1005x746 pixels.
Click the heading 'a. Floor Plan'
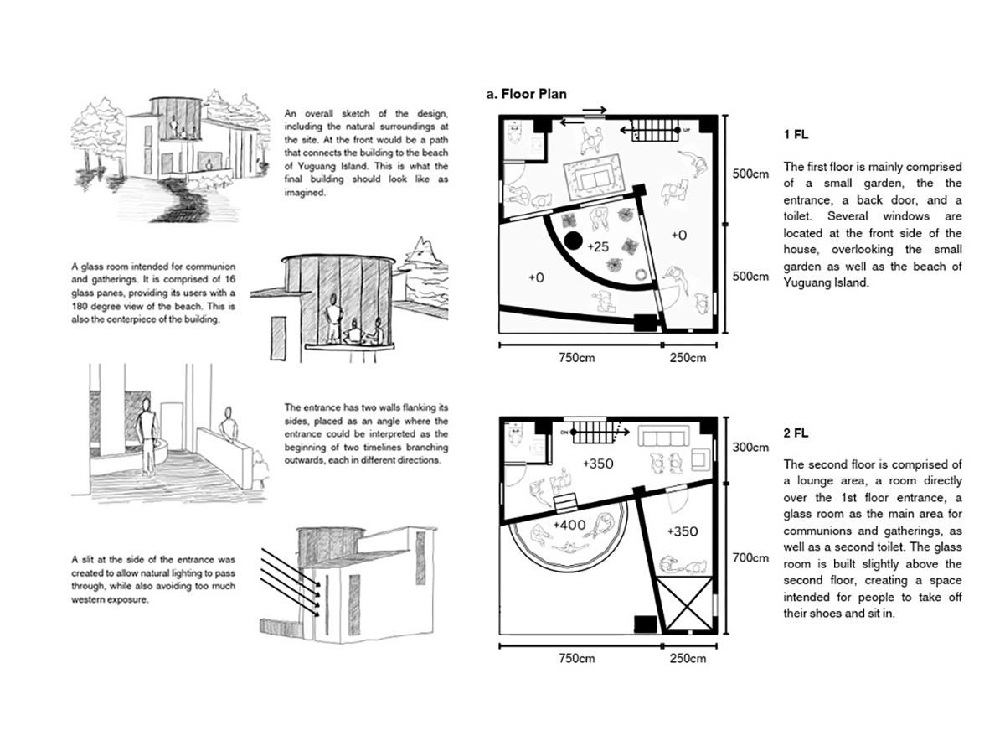tap(526, 94)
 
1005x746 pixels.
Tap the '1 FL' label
tap(796, 134)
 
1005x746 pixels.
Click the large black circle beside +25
tap(573, 242)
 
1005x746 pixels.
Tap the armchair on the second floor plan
tap(699, 457)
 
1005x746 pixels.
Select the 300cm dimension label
tap(750, 448)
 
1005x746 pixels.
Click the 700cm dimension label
tap(750, 557)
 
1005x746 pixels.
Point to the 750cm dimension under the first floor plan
tap(576, 358)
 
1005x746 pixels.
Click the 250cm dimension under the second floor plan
tap(688, 658)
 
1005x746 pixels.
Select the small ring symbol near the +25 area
tap(642, 273)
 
